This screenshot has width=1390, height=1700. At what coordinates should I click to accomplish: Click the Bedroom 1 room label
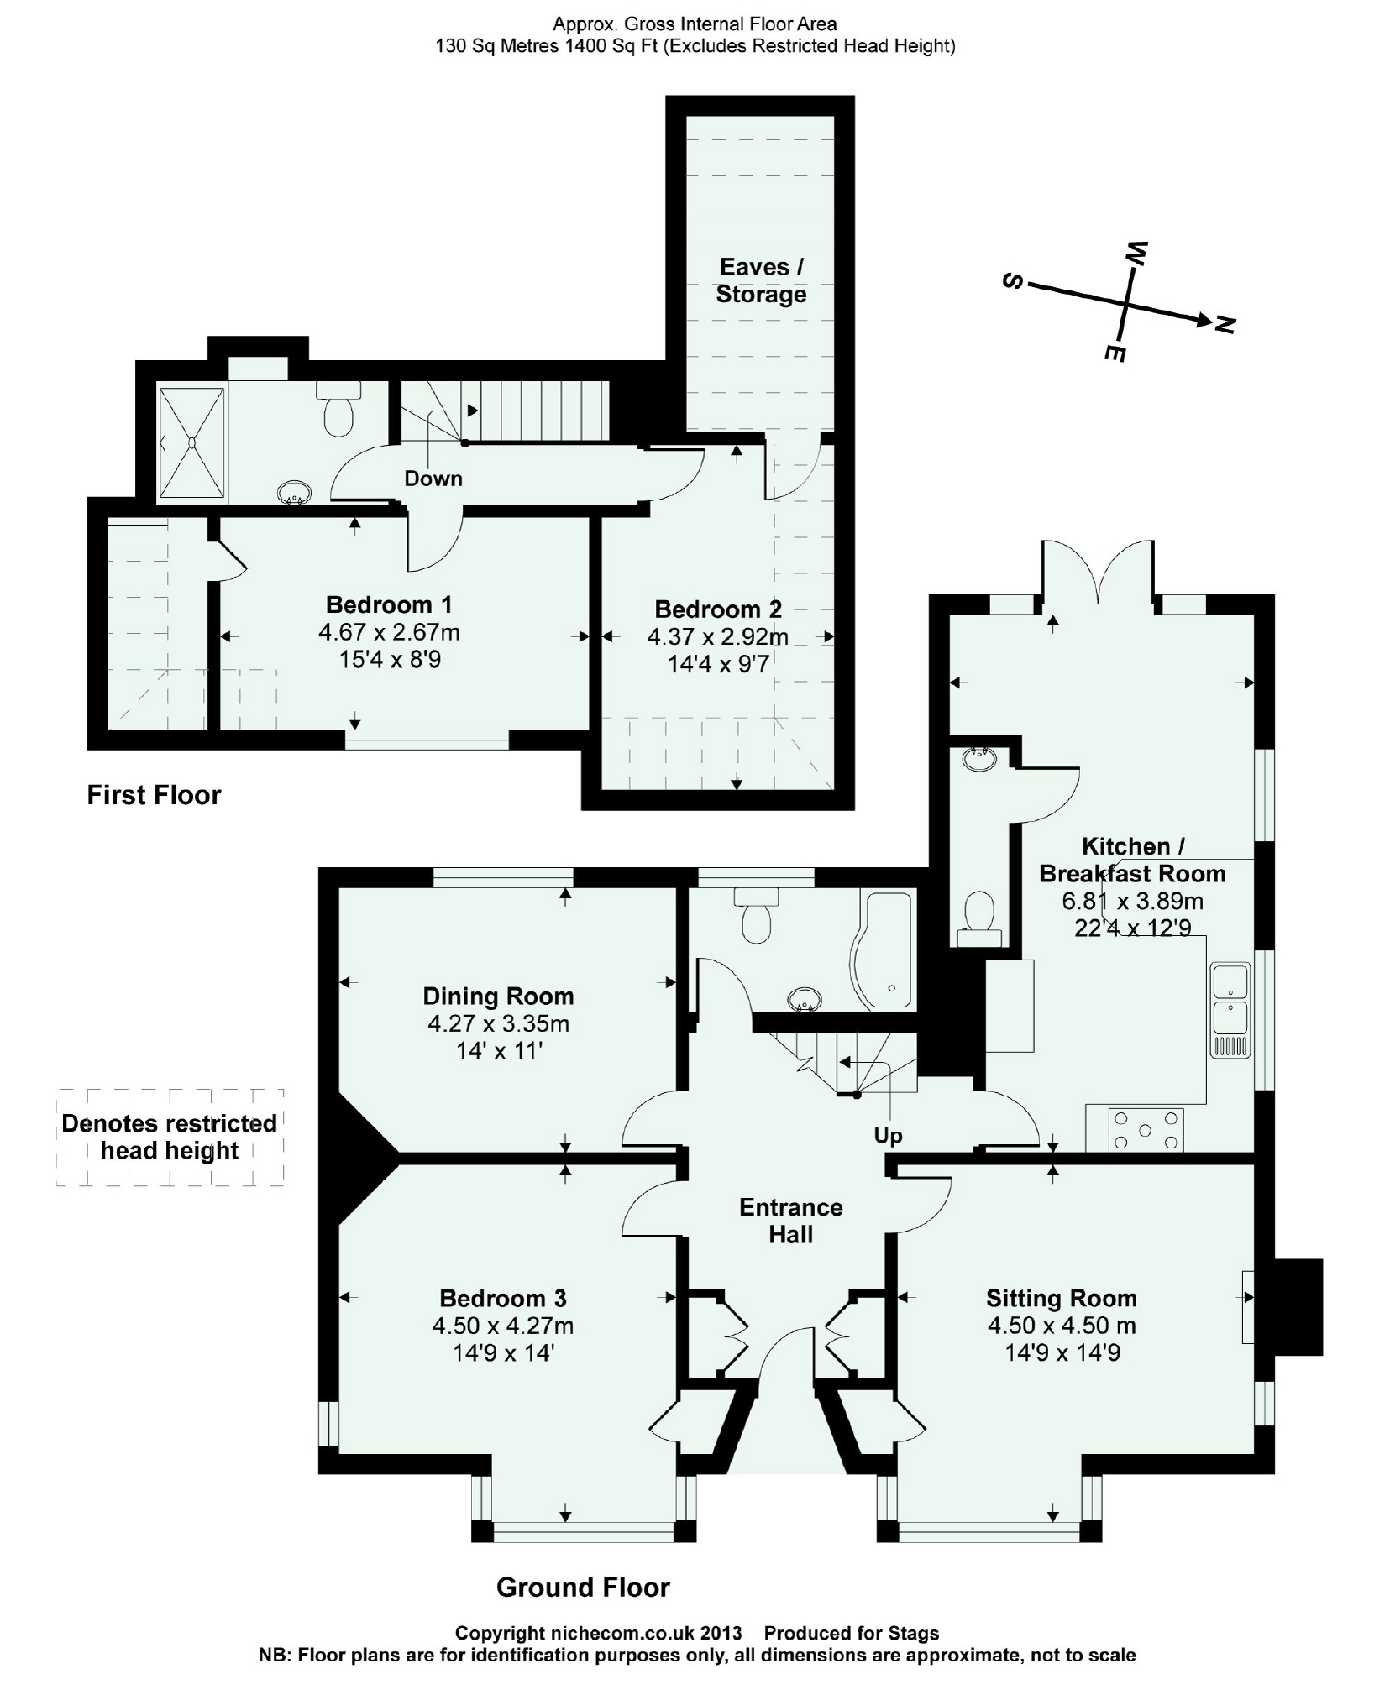pos(389,604)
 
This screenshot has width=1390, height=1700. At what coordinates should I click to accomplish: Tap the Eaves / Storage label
pos(761,280)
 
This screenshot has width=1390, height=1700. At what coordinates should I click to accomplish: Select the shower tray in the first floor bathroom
pos(192,442)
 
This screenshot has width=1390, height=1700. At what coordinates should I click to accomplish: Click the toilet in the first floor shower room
pos(338,409)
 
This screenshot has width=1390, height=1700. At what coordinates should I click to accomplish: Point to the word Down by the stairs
pos(433,479)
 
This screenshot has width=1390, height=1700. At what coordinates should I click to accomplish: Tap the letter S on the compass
pos(1013,281)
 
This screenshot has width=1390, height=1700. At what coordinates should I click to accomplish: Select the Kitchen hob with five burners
pos(1146,1129)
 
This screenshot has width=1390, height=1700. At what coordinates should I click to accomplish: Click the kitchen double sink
pos(1230,1011)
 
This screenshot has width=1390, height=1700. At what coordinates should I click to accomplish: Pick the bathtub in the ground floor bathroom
pos(883,950)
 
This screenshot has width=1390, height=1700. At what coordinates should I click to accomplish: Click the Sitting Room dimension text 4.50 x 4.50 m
pos(1062,1326)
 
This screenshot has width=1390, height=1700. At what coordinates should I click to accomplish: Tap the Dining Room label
pos(498,996)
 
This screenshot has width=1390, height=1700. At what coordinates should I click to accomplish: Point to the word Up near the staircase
pos(888,1137)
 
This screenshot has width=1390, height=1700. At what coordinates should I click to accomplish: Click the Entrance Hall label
pos(791,1221)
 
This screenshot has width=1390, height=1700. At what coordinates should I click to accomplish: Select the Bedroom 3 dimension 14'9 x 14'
pos(503,1352)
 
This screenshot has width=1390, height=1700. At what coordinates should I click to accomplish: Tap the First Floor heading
pos(154,795)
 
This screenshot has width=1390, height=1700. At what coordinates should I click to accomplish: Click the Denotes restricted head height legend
pos(170,1137)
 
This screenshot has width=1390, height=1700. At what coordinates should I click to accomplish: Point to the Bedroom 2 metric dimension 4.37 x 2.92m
pos(718,637)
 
